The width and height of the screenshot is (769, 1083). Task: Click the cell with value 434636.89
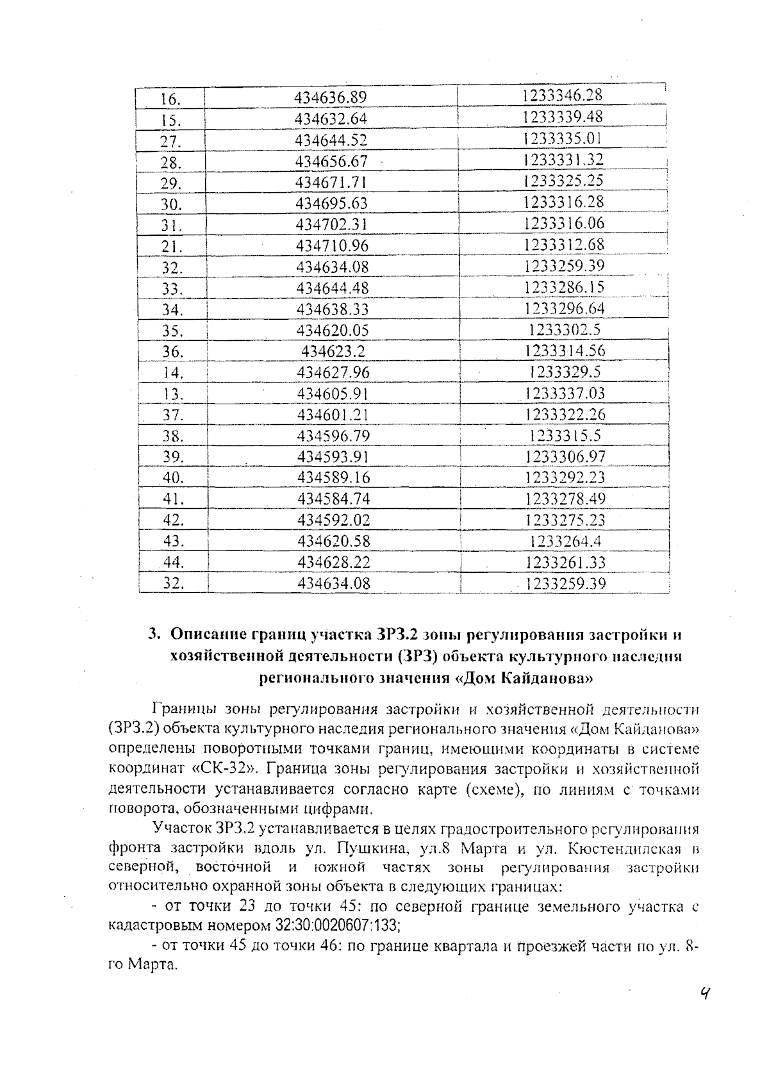point(330,97)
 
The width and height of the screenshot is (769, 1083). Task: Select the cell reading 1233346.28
point(562,95)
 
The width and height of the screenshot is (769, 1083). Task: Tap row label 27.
point(170,141)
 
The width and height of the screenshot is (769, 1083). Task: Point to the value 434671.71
point(331,182)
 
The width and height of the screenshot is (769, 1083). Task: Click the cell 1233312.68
point(564,244)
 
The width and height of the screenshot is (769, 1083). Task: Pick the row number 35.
point(172,331)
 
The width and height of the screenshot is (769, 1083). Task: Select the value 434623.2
point(333,351)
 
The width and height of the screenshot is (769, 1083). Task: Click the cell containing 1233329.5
point(565,372)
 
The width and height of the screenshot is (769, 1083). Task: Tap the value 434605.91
point(333,393)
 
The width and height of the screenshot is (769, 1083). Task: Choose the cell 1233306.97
point(565,456)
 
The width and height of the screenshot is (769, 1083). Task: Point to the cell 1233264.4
point(565,541)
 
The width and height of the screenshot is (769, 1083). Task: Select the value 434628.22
point(334,562)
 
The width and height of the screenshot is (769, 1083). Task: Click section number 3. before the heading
point(154,634)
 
